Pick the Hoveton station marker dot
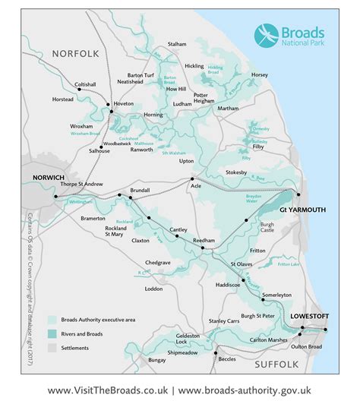pos(111,112)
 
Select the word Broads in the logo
pos(304,33)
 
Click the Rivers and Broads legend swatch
pos(52,334)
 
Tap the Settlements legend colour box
pos(52,347)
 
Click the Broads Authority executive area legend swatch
pos(52,320)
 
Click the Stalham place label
pos(177,45)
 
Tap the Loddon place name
pos(154,289)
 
